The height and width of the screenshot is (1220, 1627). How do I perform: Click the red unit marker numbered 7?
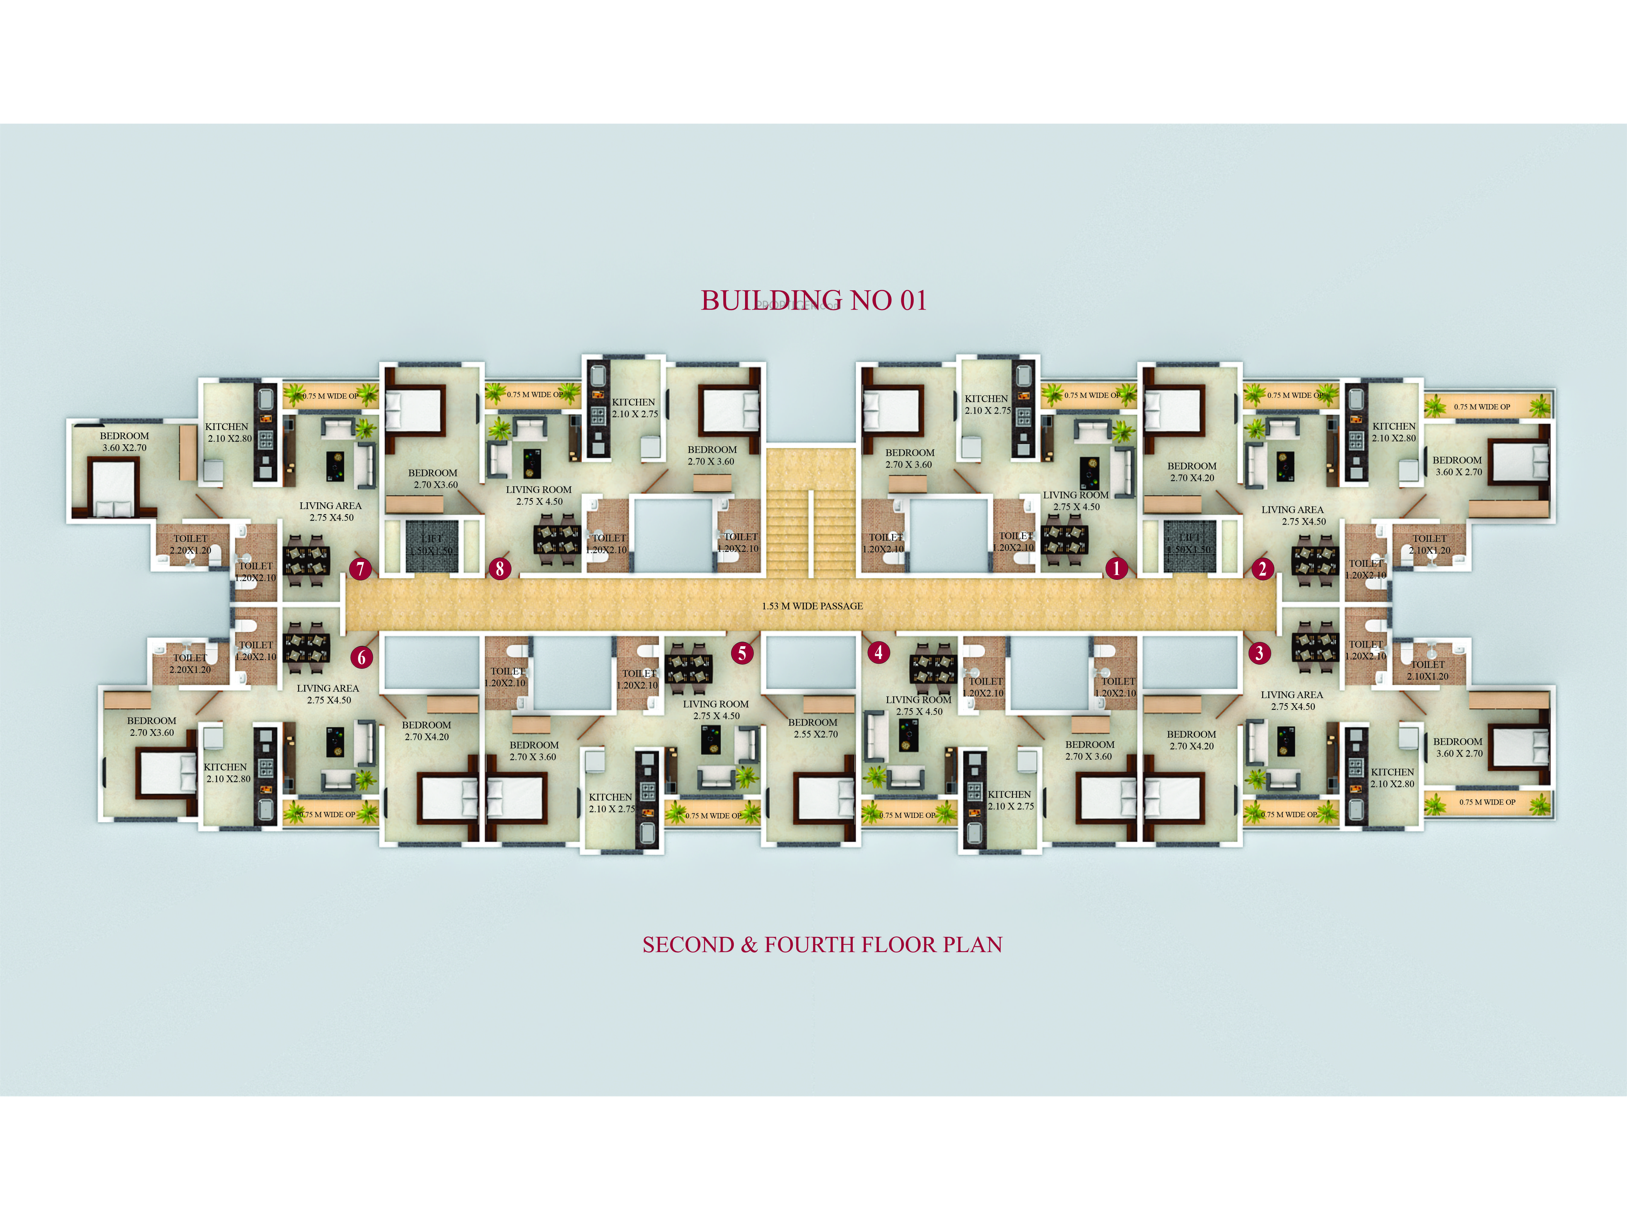click(x=360, y=568)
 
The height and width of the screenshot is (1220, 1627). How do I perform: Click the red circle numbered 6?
click(x=361, y=657)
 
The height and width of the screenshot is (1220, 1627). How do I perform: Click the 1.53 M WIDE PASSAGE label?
click(x=812, y=606)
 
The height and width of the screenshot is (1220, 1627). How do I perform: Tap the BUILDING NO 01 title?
click(x=813, y=300)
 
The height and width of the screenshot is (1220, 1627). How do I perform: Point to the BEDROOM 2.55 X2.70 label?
click(x=813, y=728)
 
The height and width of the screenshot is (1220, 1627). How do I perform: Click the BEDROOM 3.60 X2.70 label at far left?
click(x=124, y=441)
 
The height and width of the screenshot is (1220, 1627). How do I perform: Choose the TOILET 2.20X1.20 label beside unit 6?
click(x=190, y=663)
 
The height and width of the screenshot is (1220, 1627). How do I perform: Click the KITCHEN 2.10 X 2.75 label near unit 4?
click(x=1010, y=800)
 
